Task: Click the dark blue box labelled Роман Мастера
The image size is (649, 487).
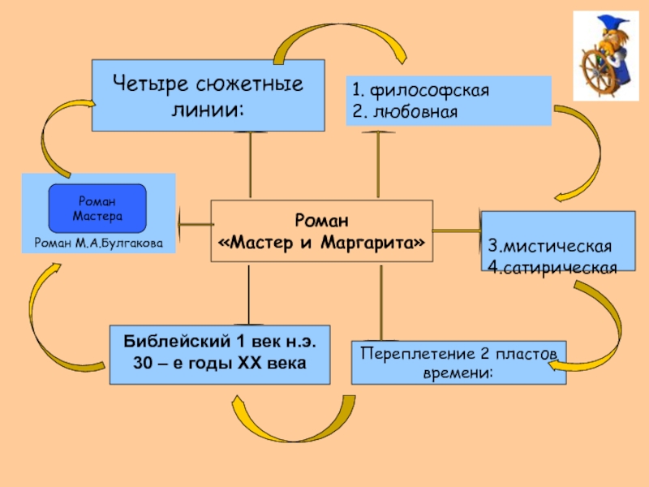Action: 97,209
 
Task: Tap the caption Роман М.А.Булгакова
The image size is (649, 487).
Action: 98,243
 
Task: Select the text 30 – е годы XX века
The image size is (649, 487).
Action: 220,362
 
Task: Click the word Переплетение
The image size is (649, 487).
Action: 410,353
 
